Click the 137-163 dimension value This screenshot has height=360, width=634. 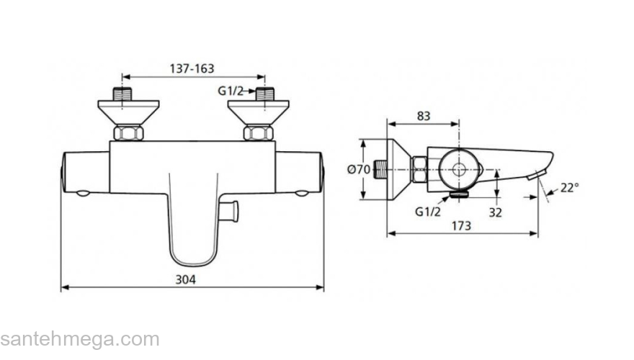tap(192, 69)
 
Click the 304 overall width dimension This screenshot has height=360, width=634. tap(186, 279)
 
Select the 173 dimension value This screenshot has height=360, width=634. tap(461, 225)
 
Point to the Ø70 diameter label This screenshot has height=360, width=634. tap(359, 171)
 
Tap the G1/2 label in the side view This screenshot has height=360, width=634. tap(427, 212)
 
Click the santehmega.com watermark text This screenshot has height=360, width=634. tap(79, 339)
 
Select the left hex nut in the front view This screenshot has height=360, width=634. tap(128, 133)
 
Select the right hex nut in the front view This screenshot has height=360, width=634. tap(258, 133)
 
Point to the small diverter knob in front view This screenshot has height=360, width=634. tap(231, 210)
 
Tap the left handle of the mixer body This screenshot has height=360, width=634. tap(85, 171)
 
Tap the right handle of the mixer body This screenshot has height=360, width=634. tap(300, 171)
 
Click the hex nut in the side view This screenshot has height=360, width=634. tap(419, 171)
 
